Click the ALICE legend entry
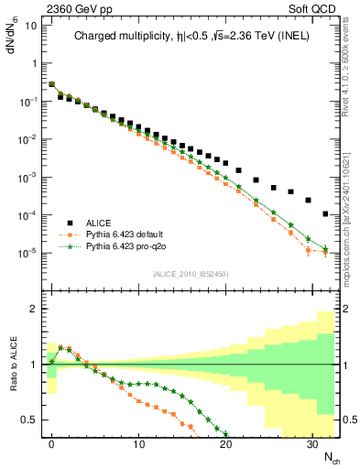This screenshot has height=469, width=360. (101, 223)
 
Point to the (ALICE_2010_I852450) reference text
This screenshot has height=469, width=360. (190, 273)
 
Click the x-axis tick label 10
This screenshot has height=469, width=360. (138, 444)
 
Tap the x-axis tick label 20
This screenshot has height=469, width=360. (225, 444)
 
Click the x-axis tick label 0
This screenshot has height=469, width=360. (51, 444)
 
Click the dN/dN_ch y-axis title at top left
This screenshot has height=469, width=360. (13, 27)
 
